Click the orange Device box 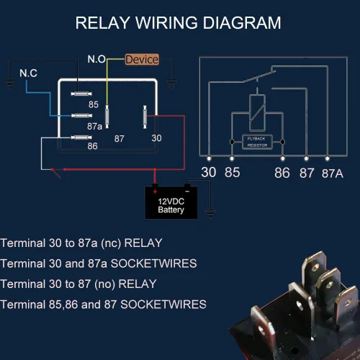click(142, 60)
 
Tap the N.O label click(96, 59)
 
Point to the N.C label click(28, 73)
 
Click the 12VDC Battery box click(171, 203)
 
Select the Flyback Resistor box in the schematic click(257, 142)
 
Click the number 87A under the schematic click(333, 174)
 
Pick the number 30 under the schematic click(209, 172)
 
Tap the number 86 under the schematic click(282, 173)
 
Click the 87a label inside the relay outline click(94, 126)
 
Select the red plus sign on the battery click(155, 192)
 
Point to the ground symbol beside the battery click(210, 213)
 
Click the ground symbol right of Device click(171, 84)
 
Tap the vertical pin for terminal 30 click(145, 117)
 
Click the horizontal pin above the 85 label click(81, 94)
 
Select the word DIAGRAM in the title click(242, 23)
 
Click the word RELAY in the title click(103, 23)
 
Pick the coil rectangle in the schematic click(257, 113)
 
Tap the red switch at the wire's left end click(56, 174)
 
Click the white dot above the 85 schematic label click(232, 158)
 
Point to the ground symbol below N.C click(10, 84)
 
